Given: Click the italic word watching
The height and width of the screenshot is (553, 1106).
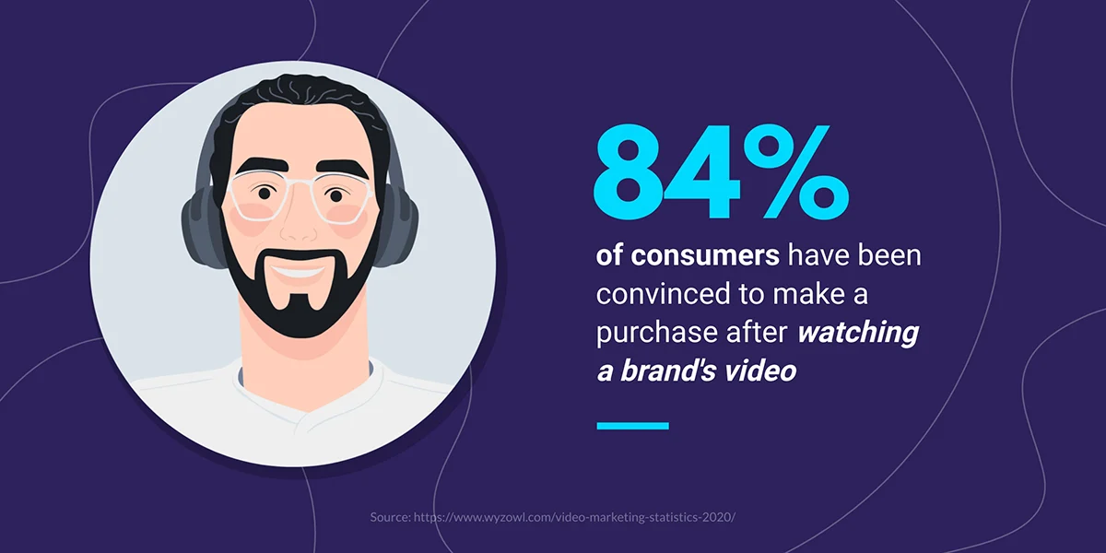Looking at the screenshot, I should (858, 333).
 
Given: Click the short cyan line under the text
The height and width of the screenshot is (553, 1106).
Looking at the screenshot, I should (632, 425).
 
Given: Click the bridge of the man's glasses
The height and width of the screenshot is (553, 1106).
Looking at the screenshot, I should (298, 187).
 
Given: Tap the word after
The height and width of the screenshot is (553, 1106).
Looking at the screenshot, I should (752, 333).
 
